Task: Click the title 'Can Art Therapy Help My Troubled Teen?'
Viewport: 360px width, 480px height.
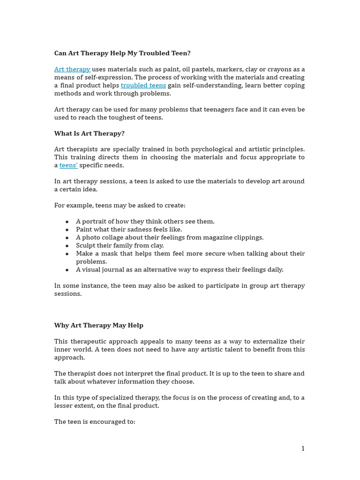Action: (122, 53)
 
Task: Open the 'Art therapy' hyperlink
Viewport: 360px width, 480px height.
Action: (72, 69)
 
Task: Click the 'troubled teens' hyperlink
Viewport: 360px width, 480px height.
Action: (143, 85)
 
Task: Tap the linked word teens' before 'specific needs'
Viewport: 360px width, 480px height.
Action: (68, 165)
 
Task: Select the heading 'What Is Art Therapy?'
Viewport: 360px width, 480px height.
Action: (90, 134)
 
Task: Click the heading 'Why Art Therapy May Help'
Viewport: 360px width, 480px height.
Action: (99, 325)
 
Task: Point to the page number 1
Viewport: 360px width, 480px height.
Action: (303, 449)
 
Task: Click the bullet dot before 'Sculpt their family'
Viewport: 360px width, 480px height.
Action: (67, 246)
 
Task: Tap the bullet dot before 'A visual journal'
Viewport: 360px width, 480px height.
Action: (67, 270)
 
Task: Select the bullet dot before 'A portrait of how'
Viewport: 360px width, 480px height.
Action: (67, 222)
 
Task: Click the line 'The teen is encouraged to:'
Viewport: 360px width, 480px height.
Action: (95, 422)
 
